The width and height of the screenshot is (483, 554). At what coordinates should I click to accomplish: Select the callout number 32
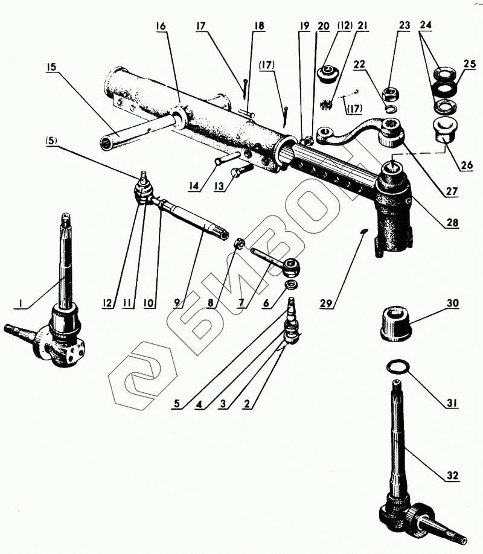452,476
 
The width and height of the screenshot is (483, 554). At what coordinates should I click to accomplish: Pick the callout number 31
452,403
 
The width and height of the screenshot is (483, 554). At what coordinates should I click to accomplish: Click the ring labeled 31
395,366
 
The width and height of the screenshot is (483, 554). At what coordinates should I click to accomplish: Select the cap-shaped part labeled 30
394,322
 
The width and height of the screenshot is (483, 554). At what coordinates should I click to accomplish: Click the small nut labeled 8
238,244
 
